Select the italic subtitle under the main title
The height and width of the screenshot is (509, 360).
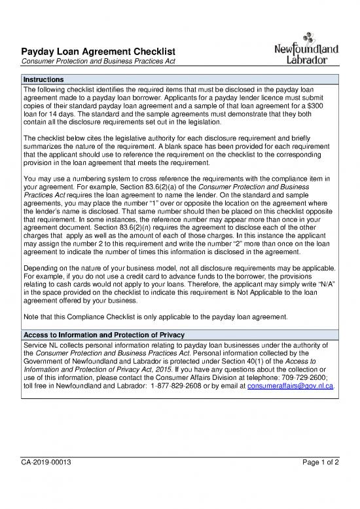97,62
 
